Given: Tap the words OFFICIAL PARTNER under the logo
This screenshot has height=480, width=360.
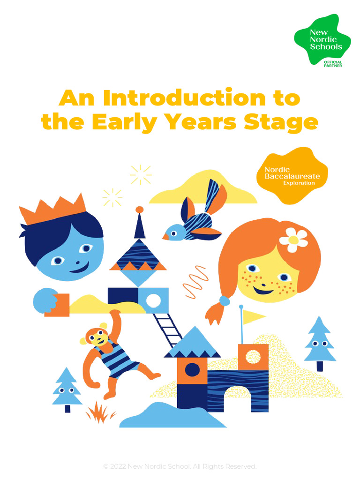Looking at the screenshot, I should tap(333, 64).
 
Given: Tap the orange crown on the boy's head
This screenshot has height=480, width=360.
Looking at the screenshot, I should tap(53, 210).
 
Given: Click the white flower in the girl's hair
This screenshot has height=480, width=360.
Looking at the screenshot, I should tap(293, 240).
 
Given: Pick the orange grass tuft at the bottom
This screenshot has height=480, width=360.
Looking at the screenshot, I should tap(100, 412).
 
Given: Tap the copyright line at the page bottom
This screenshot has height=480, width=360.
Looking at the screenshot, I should tap(180, 466).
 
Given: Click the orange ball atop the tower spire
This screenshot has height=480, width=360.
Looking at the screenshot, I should tap(139, 210).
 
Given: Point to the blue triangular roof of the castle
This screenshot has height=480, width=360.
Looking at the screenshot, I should tap(192, 343).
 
